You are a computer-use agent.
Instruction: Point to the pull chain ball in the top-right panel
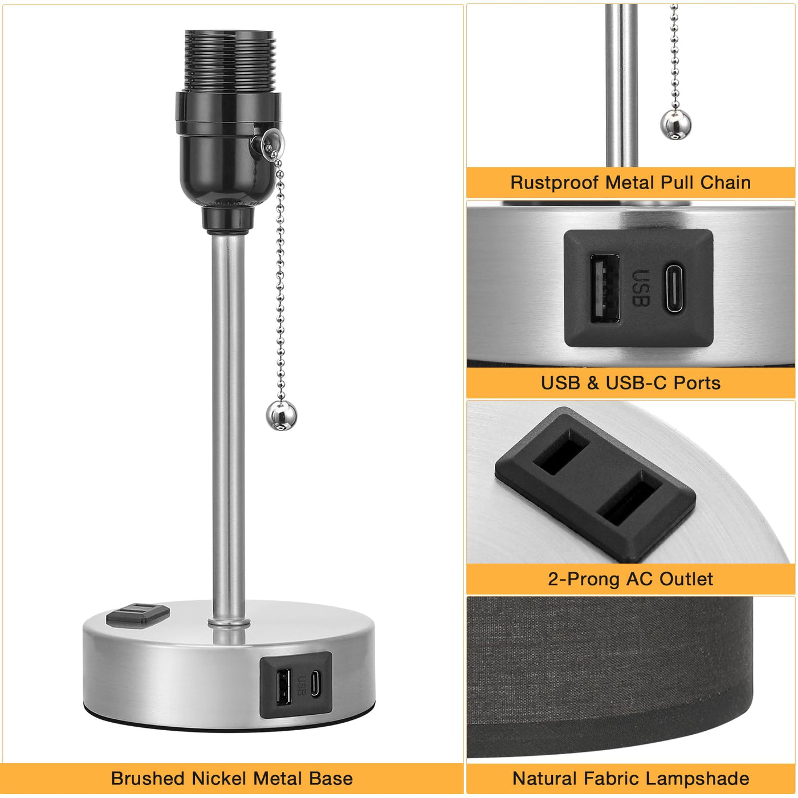click(x=675, y=124)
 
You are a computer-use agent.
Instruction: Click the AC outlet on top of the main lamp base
click(x=138, y=614)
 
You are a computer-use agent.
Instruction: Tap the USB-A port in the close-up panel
click(x=605, y=288)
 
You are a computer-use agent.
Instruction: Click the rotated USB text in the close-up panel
click(x=641, y=288)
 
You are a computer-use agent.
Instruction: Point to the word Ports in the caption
click(x=697, y=383)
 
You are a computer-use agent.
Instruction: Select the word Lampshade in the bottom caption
click(x=699, y=779)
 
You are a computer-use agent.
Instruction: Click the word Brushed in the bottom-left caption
click(x=148, y=778)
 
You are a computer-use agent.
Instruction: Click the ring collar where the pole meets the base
click(x=229, y=622)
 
